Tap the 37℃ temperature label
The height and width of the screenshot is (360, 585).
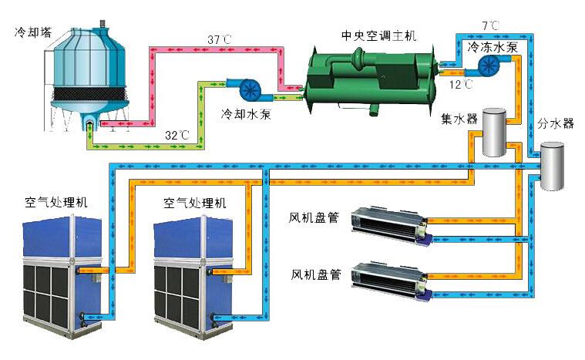coord(219,39)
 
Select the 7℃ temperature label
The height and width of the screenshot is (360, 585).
coord(490,25)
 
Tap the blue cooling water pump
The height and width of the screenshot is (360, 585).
coord(248,89)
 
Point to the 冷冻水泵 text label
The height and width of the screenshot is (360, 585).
coord(498,47)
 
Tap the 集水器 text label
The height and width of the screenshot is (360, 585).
coord(459,119)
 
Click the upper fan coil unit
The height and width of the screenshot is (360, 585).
coord(390,224)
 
